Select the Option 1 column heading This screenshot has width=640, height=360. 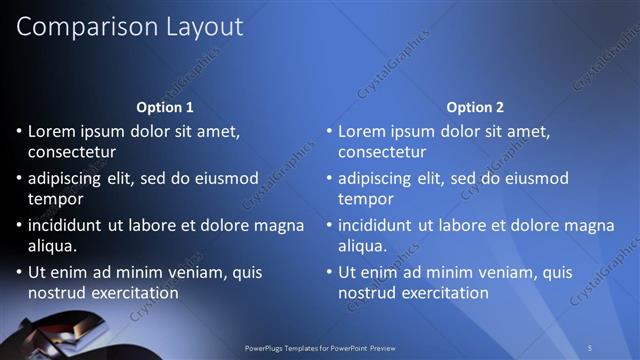[165, 107]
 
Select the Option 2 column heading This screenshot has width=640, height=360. [475, 107]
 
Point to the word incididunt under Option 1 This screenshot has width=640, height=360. [71, 225]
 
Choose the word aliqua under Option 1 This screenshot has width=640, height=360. [52, 245]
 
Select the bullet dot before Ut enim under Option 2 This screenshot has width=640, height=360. [329, 272]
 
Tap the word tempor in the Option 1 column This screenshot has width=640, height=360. [56, 199]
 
